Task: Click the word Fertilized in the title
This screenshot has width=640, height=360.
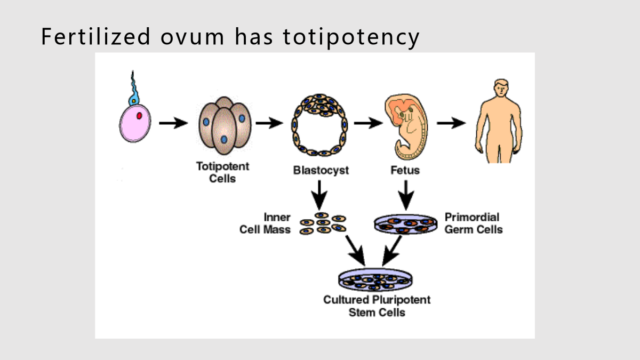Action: pyautogui.click(x=95, y=36)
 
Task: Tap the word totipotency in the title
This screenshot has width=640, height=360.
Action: pyautogui.click(x=351, y=38)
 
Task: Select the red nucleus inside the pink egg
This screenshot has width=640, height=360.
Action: pyautogui.click(x=139, y=116)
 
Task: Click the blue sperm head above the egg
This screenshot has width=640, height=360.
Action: pyautogui.click(x=133, y=101)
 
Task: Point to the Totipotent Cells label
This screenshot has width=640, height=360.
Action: pyautogui.click(x=222, y=172)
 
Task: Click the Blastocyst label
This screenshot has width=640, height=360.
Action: pyautogui.click(x=321, y=170)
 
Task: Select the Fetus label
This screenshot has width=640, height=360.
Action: pyautogui.click(x=405, y=170)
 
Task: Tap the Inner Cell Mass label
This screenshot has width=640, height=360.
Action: pyautogui.click(x=265, y=223)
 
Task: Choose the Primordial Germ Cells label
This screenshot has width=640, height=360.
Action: pyautogui.click(x=474, y=223)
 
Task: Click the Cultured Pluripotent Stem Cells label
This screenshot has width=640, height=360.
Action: pyautogui.click(x=377, y=306)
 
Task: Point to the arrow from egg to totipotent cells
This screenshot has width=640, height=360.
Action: pyautogui.click(x=173, y=123)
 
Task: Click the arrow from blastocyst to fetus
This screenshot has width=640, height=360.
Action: pyautogui.click(x=369, y=123)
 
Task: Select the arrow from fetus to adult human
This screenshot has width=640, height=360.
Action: pyautogui.click(x=451, y=123)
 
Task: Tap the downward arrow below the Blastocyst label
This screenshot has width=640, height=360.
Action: pyautogui.click(x=319, y=195)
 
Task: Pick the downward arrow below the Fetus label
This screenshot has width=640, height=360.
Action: pyautogui.click(x=406, y=195)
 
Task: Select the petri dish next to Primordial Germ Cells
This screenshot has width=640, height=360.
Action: pyautogui.click(x=406, y=224)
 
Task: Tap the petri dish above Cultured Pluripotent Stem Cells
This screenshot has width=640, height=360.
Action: pyautogui.click(x=375, y=279)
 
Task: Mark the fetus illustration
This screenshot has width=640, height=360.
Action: pyautogui.click(x=406, y=126)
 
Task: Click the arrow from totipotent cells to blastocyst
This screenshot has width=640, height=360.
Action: pyautogui.click(x=269, y=123)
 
